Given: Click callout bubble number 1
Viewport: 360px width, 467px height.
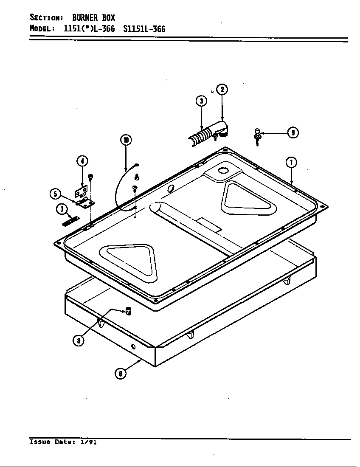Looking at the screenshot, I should [291, 163].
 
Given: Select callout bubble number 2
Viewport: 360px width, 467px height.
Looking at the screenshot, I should [222, 90].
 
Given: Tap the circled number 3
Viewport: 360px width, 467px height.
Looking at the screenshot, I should [201, 101].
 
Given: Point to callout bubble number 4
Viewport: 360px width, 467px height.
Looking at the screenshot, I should [82, 161].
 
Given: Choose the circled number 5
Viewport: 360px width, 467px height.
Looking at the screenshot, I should [55, 194].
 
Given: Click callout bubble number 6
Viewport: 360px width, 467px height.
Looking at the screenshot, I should [121, 373].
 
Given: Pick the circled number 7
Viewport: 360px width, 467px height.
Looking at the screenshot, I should [62, 209].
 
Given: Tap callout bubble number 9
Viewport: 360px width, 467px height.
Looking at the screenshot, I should [292, 132].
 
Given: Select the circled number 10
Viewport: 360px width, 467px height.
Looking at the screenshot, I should [126, 140].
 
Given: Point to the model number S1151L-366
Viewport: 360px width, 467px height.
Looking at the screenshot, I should [144, 29].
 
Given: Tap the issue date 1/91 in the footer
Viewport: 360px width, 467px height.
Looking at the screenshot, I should [88, 442].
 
